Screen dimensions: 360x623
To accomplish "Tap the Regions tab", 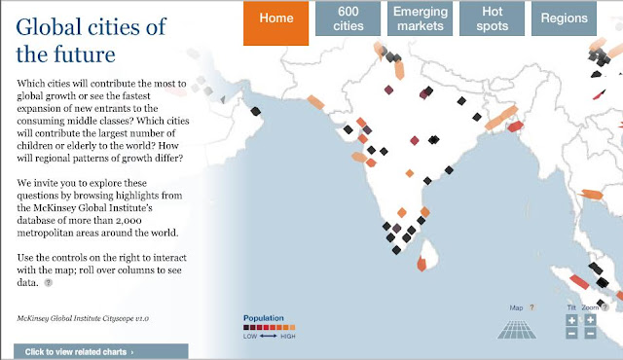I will pos(564,18).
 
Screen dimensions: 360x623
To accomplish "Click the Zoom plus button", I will pos(590,319).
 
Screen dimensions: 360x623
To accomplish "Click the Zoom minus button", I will pos(590,334).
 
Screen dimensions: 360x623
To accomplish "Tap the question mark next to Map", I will pos(531,307).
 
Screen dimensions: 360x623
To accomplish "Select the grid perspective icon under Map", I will pos(517,328).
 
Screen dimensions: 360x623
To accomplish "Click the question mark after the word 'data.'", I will pos(48,283).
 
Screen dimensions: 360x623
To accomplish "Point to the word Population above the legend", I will pos(264,318).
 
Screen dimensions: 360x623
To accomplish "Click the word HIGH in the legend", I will pos(288,336).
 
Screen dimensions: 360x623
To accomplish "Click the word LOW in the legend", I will pos(250,336).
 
